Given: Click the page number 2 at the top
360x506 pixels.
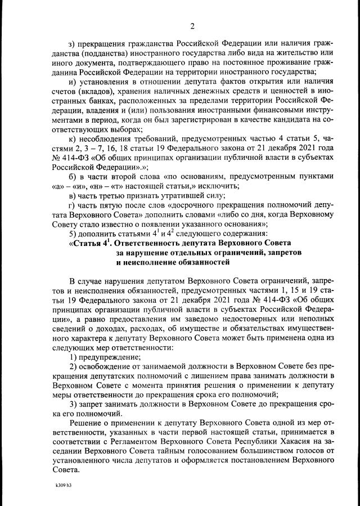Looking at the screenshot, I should (x=192, y=26).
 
